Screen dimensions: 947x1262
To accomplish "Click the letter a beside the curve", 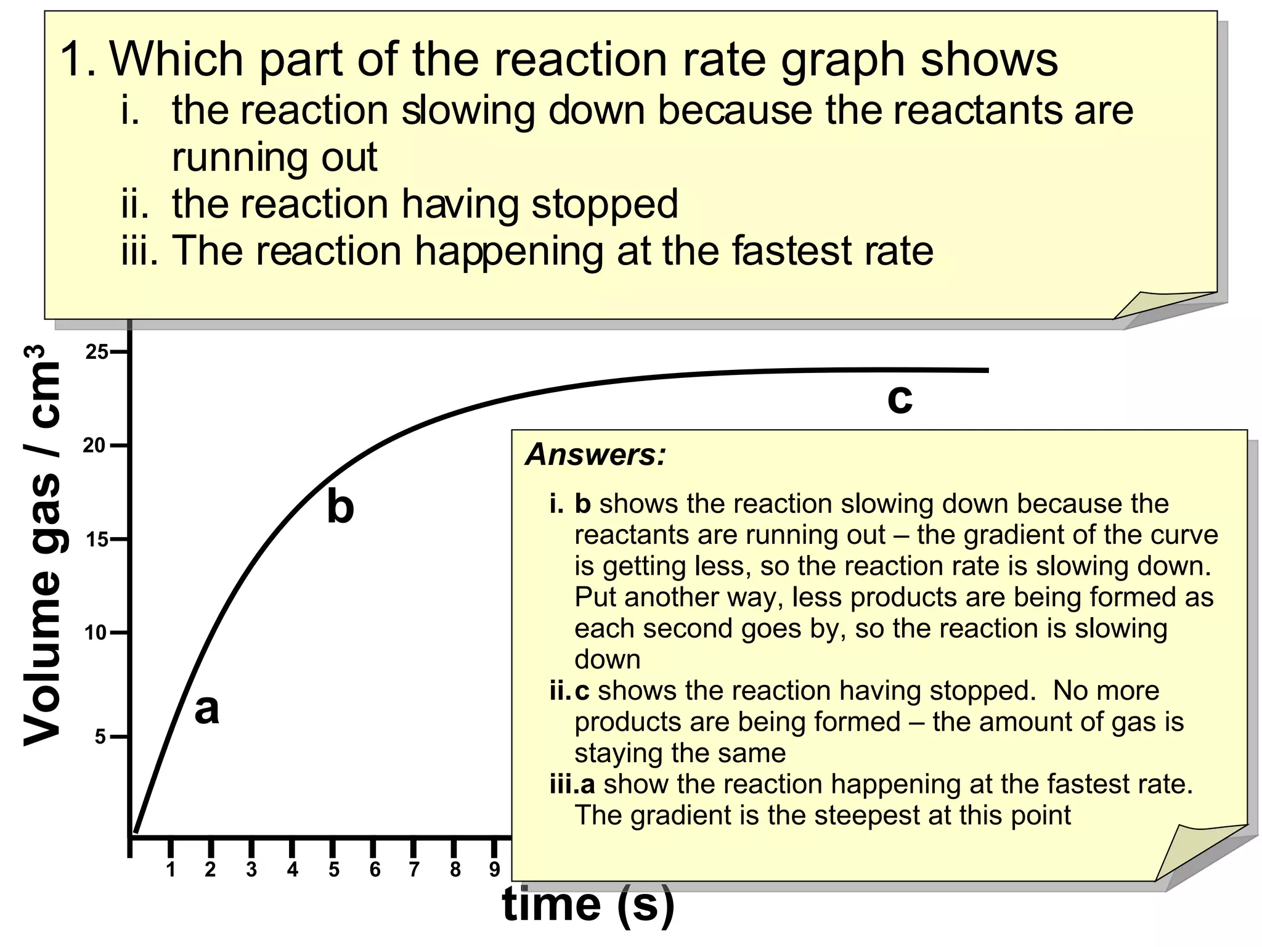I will click(x=206, y=709).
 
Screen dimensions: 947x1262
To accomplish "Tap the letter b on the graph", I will click(x=340, y=507).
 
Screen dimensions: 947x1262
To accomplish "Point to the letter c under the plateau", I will click(x=900, y=398).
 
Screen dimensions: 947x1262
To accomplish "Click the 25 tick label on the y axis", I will click(x=97, y=352).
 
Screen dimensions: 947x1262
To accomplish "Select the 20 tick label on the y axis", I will click(x=94, y=445).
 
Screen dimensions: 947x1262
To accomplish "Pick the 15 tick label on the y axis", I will click(x=97, y=540).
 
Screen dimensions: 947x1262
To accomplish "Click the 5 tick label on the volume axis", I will click(x=100, y=736).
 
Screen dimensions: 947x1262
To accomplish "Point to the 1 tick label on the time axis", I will click(x=171, y=869).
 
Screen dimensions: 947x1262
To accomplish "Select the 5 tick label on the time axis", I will click(x=333, y=869).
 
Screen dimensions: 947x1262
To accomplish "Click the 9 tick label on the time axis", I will click(x=494, y=869).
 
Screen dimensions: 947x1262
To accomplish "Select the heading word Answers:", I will click(x=596, y=455).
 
